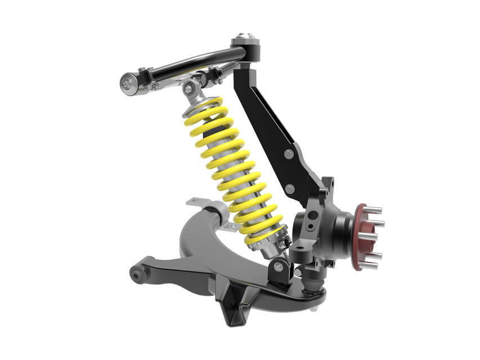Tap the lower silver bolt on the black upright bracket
click(x=290, y=188)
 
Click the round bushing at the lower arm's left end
click(x=137, y=275)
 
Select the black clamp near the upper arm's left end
click(x=143, y=74)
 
